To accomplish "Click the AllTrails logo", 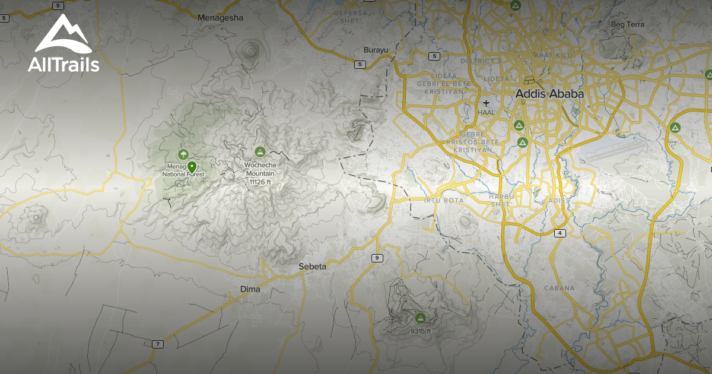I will (63, 44).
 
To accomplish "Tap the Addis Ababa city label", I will (549, 94).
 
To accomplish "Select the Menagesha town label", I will (221, 18).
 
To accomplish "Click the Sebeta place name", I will (312, 267).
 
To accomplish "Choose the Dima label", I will (250, 289).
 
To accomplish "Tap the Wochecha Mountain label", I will (260, 169).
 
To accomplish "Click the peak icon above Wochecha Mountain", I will (259, 152).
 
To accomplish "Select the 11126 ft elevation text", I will (260, 182).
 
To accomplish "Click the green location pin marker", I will (192, 167).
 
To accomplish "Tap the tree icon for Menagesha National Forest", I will (183, 154).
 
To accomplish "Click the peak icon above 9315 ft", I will (421, 318).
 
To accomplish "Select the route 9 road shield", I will (376, 258).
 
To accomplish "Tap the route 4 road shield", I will (560, 233).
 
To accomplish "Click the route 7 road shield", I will (157, 344).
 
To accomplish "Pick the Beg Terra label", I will (627, 24).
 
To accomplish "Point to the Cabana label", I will (559, 288).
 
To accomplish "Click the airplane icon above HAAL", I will (486, 103).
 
